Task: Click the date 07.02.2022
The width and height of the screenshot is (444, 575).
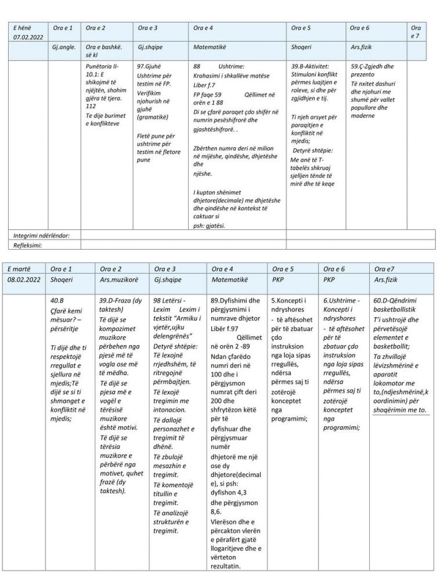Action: coord(26,38)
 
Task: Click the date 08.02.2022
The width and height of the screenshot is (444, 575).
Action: coord(24,280)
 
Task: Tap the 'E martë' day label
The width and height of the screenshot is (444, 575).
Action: coord(19,269)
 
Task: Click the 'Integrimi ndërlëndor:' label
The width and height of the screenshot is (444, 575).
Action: coord(42,235)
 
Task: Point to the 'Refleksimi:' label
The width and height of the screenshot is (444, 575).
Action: coord(29,245)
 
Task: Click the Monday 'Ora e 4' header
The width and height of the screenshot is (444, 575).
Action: coord(203,28)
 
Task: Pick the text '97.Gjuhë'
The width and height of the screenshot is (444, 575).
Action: coord(149,67)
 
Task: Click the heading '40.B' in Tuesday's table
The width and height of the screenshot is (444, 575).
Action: coord(57,301)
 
